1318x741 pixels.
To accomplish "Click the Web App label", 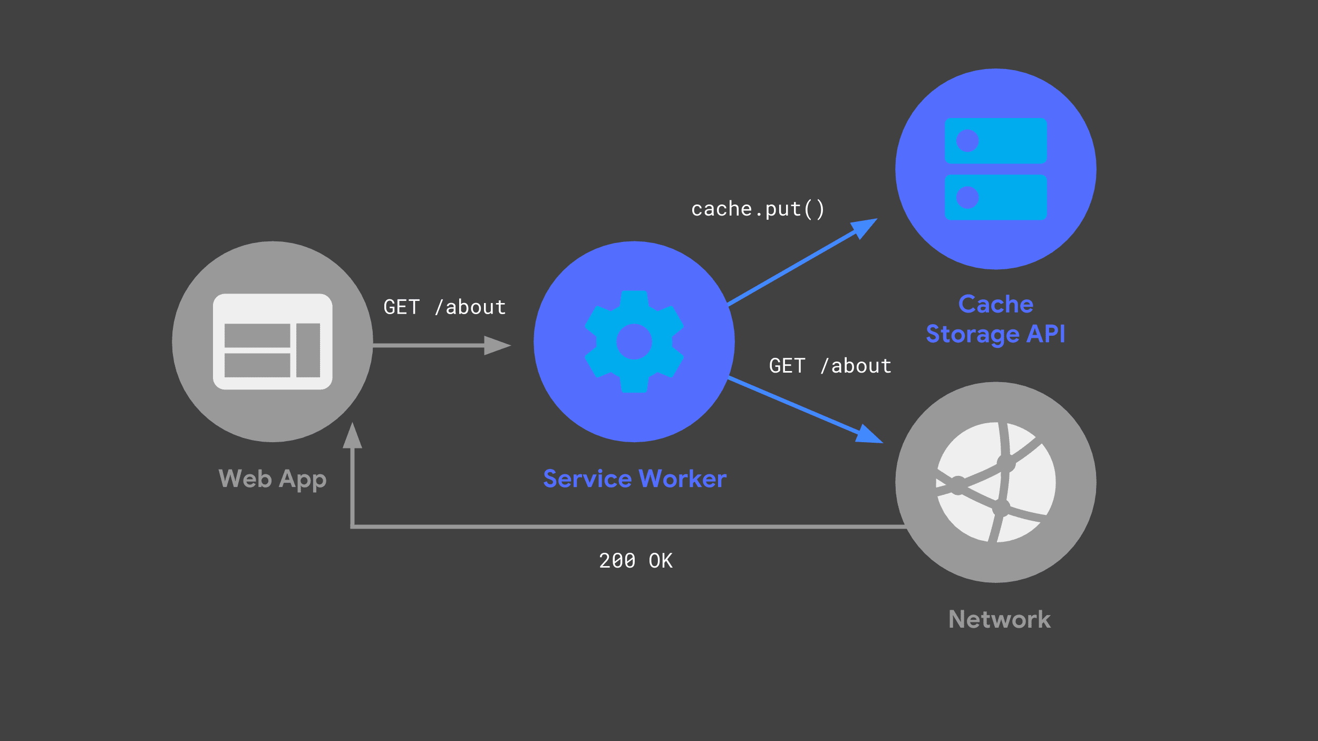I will pyautogui.click(x=272, y=479).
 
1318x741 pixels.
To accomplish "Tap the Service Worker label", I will pyautogui.click(x=634, y=479).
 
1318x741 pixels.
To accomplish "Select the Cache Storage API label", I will pyautogui.click(x=995, y=319).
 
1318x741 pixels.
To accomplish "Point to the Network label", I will pyautogui.click(x=999, y=619).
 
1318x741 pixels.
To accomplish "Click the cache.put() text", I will pyautogui.click(x=758, y=209).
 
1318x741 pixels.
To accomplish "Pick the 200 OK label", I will pyautogui.click(x=635, y=561).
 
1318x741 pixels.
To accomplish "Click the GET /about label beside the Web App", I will pyautogui.click(x=444, y=307).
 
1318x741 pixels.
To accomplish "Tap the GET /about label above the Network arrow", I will pyautogui.click(x=830, y=366).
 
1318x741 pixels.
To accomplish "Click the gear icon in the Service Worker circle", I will pyautogui.click(x=634, y=342).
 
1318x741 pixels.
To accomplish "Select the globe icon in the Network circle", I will pyautogui.click(x=996, y=482).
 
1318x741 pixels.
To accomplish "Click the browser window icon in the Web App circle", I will pyautogui.click(x=273, y=342).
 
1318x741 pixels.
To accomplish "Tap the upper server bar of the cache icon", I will pyautogui.click(x=995, y=141).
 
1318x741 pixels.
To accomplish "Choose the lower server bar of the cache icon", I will pyautogui.click(x=995, y=197).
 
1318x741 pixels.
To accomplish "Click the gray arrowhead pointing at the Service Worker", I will pyautogui.click(x=497, y=346).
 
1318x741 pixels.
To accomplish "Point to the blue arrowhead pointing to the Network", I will pyautogui.click(x=869, y=435).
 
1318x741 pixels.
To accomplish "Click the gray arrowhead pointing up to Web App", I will pyautogui.click(x=352, y=436).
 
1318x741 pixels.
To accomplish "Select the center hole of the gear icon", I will pyautogui.click(x=634, y=342).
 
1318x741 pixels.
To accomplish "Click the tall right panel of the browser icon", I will pyautogui.click(x=308, y=350).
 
